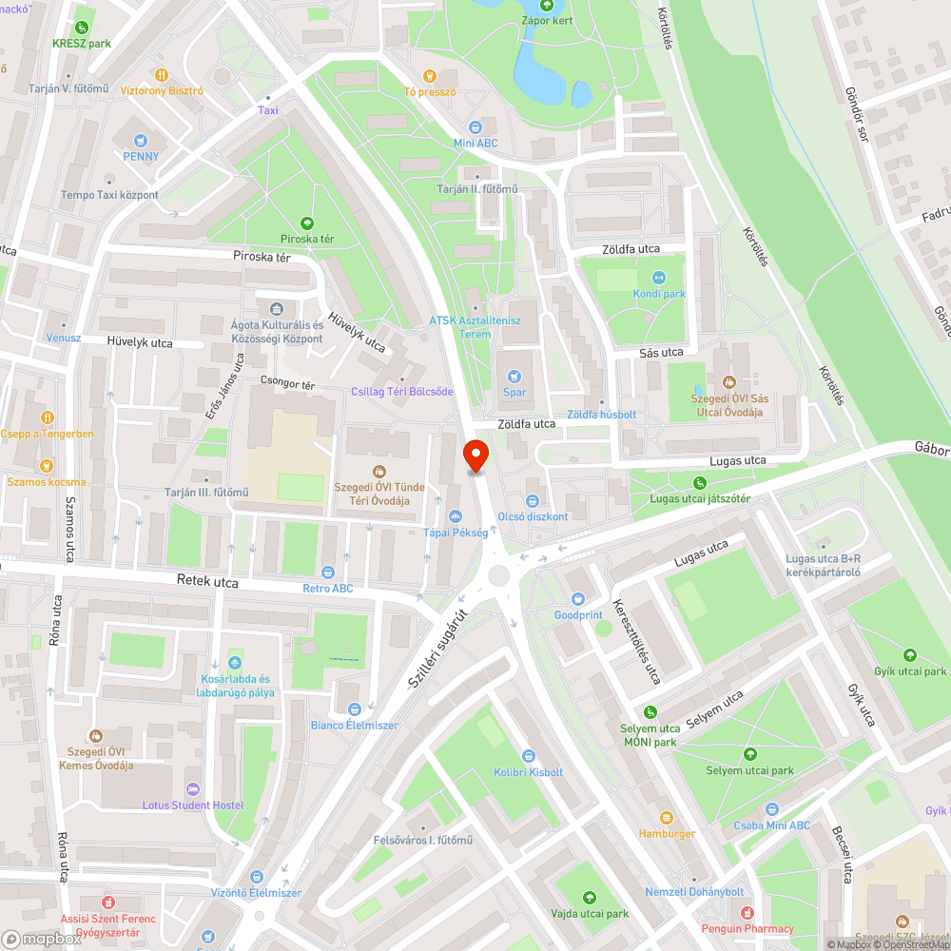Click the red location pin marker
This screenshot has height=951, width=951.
475,456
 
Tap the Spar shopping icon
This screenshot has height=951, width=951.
514,376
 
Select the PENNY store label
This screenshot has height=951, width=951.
141,157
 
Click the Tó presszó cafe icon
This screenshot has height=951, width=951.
430,75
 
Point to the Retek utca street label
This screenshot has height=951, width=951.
206,580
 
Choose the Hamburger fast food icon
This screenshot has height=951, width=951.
666,817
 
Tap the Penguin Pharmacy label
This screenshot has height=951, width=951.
747,928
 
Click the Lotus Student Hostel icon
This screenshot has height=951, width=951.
193,788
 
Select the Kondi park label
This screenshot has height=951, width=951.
659,294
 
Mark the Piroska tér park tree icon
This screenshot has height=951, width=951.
304,222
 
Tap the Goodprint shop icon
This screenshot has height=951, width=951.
578,598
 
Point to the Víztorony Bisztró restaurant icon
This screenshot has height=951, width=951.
163,74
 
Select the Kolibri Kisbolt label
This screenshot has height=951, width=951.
528,772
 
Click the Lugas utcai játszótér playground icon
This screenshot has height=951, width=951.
700,482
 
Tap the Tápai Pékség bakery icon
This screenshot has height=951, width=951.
454,515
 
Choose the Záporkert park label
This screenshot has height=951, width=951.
547,21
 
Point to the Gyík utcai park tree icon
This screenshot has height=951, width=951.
910,654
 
